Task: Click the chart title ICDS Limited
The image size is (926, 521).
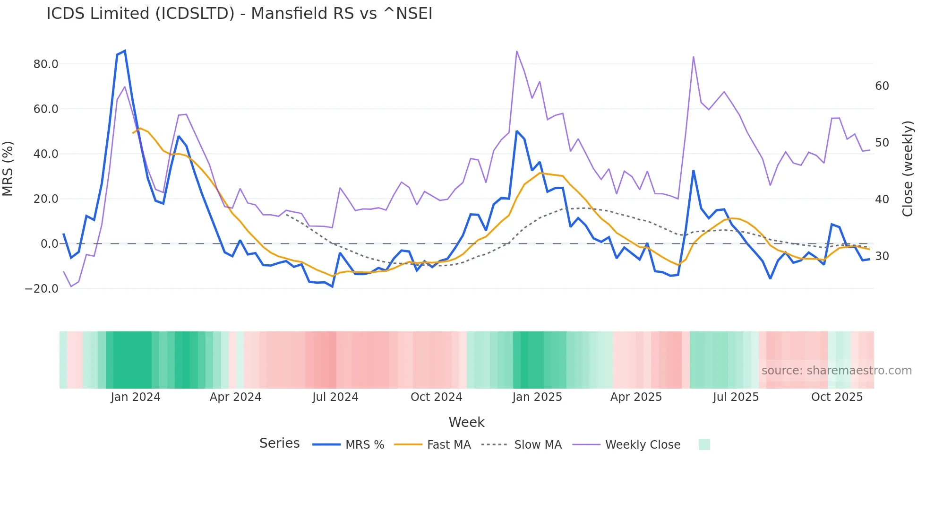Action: pos(239,14)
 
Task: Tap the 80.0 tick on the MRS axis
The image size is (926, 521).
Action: pos(46,64)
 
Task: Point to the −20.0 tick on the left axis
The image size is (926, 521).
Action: pos(42,289)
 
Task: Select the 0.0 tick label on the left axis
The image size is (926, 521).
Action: pos(49,244)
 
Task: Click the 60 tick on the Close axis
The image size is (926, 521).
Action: pos(882,86)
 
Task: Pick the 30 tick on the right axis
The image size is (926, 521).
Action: pos(882,256)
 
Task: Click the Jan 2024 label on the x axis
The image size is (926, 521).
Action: pos(136,397)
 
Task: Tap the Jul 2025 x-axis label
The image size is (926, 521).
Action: pos(736,397)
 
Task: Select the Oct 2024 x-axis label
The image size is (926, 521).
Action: pos(436,397)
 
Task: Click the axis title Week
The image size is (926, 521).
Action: pos(466,422)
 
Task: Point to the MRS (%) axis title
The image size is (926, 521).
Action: pos(8,168)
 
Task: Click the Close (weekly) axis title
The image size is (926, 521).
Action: pos(907,169)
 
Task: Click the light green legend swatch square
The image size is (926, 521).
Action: pos(704,444)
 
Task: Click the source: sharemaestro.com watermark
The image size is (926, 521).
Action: pos(836,371)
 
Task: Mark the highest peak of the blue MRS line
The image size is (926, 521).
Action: pos(125,51)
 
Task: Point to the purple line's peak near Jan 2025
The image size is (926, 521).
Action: pos(517,51)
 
